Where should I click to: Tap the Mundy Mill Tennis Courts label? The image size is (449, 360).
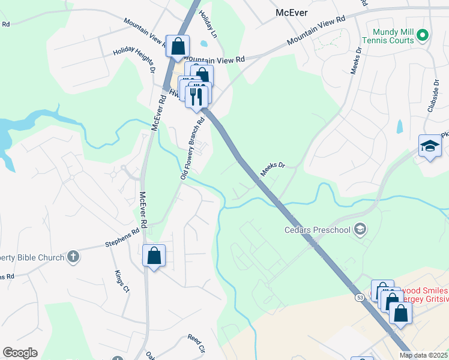pyautogui.click(x=393, y=36)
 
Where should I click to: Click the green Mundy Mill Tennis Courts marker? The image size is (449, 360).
pyautogui.click(x=422, y=35)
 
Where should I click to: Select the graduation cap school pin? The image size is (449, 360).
pyautogui.click(x=430, y=146)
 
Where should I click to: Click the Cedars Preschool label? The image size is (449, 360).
pyautogui.click(x=318, y=229)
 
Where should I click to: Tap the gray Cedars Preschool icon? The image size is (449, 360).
pyautogui.click(x=360, y=228)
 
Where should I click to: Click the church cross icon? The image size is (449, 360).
pyautogui.click(x=73, y=257)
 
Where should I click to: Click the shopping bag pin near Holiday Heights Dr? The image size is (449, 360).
pyautogui.click(x=178, y=46)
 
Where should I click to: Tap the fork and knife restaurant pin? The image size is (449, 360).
pyautogui.click(x=196, y=95)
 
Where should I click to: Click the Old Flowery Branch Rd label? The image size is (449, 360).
pyautogui.click(x=193, y=147)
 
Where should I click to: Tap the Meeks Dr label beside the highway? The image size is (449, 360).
pyautogui.click(x=272, y=168)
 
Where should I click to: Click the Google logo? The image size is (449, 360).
pyautogui.click(x=20, y=353)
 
